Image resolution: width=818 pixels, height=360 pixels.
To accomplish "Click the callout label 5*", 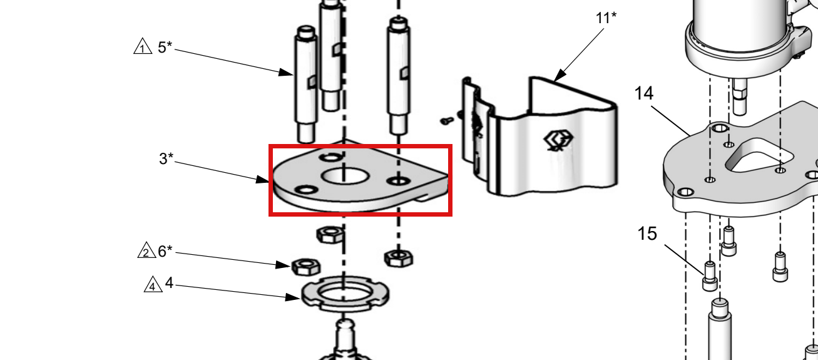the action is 165,47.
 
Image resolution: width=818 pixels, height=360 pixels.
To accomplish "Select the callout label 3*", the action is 166,158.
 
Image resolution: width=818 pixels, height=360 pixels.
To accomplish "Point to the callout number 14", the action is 644,93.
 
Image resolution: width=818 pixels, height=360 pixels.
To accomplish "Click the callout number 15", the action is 647,234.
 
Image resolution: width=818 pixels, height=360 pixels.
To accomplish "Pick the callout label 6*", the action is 165,251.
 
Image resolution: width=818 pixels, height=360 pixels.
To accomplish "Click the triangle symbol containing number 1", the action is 143,46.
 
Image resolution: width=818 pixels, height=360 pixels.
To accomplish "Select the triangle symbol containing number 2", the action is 146,250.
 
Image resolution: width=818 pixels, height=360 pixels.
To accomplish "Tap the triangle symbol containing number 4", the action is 153,284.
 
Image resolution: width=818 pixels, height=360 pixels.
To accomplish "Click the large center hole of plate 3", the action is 345,176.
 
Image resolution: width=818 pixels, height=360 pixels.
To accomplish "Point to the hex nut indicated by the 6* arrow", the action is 306,267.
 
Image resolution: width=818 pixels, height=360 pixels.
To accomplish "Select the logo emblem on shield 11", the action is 558,141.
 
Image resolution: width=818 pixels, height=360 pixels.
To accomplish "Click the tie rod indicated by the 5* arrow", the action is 306,84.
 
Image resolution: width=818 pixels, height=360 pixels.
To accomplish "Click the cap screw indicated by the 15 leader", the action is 710,276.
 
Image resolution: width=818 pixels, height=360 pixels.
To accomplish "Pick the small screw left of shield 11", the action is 446,120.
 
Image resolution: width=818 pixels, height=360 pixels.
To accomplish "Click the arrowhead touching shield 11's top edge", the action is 560,76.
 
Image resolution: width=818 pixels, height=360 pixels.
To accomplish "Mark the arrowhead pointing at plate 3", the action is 262,180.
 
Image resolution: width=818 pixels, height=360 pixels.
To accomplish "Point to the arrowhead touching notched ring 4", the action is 292,297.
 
